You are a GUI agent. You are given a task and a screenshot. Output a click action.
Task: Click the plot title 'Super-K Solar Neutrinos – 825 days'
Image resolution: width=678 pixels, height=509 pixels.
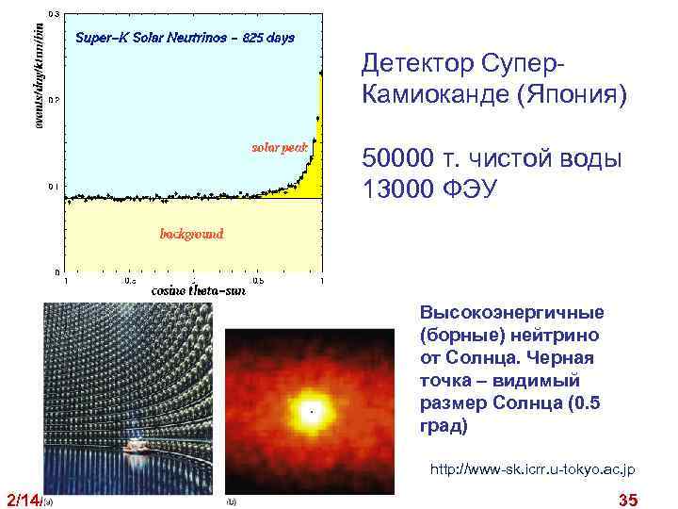(x=185, y=39)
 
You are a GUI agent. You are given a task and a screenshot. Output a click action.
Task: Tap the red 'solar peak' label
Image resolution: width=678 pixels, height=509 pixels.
(x=278, y=147)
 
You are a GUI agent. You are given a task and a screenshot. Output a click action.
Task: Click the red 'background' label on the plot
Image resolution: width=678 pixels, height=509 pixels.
(x=191, y=233)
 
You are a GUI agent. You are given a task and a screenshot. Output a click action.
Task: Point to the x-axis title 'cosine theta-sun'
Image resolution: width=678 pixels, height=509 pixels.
(x=199, y=291)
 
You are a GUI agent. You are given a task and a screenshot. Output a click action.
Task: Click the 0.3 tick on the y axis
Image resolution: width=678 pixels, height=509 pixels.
(x=54, y=14)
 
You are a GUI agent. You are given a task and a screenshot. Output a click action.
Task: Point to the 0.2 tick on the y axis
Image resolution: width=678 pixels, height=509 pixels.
(x=54, y=99)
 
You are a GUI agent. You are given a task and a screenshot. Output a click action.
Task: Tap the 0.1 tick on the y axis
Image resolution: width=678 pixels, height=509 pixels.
(x=54, y=186)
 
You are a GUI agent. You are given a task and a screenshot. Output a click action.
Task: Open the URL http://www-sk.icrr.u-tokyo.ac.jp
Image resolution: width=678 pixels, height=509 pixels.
(x=532, y=468)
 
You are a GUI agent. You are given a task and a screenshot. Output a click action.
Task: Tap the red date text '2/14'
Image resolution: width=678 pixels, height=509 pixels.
(x=23, y=499)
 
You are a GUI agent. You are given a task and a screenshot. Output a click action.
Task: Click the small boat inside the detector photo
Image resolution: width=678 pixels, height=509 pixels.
(x=137, y=444)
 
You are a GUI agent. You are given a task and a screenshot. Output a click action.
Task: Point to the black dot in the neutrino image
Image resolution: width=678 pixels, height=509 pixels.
(x=311, y=411)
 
